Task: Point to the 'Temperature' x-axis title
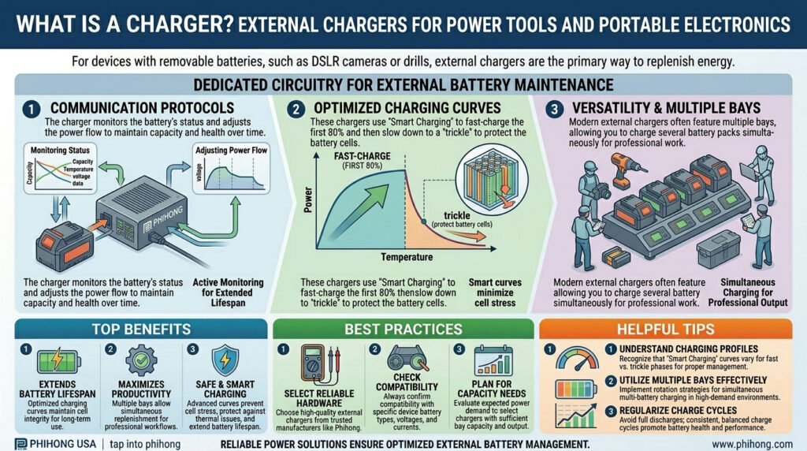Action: click(406, 256)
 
